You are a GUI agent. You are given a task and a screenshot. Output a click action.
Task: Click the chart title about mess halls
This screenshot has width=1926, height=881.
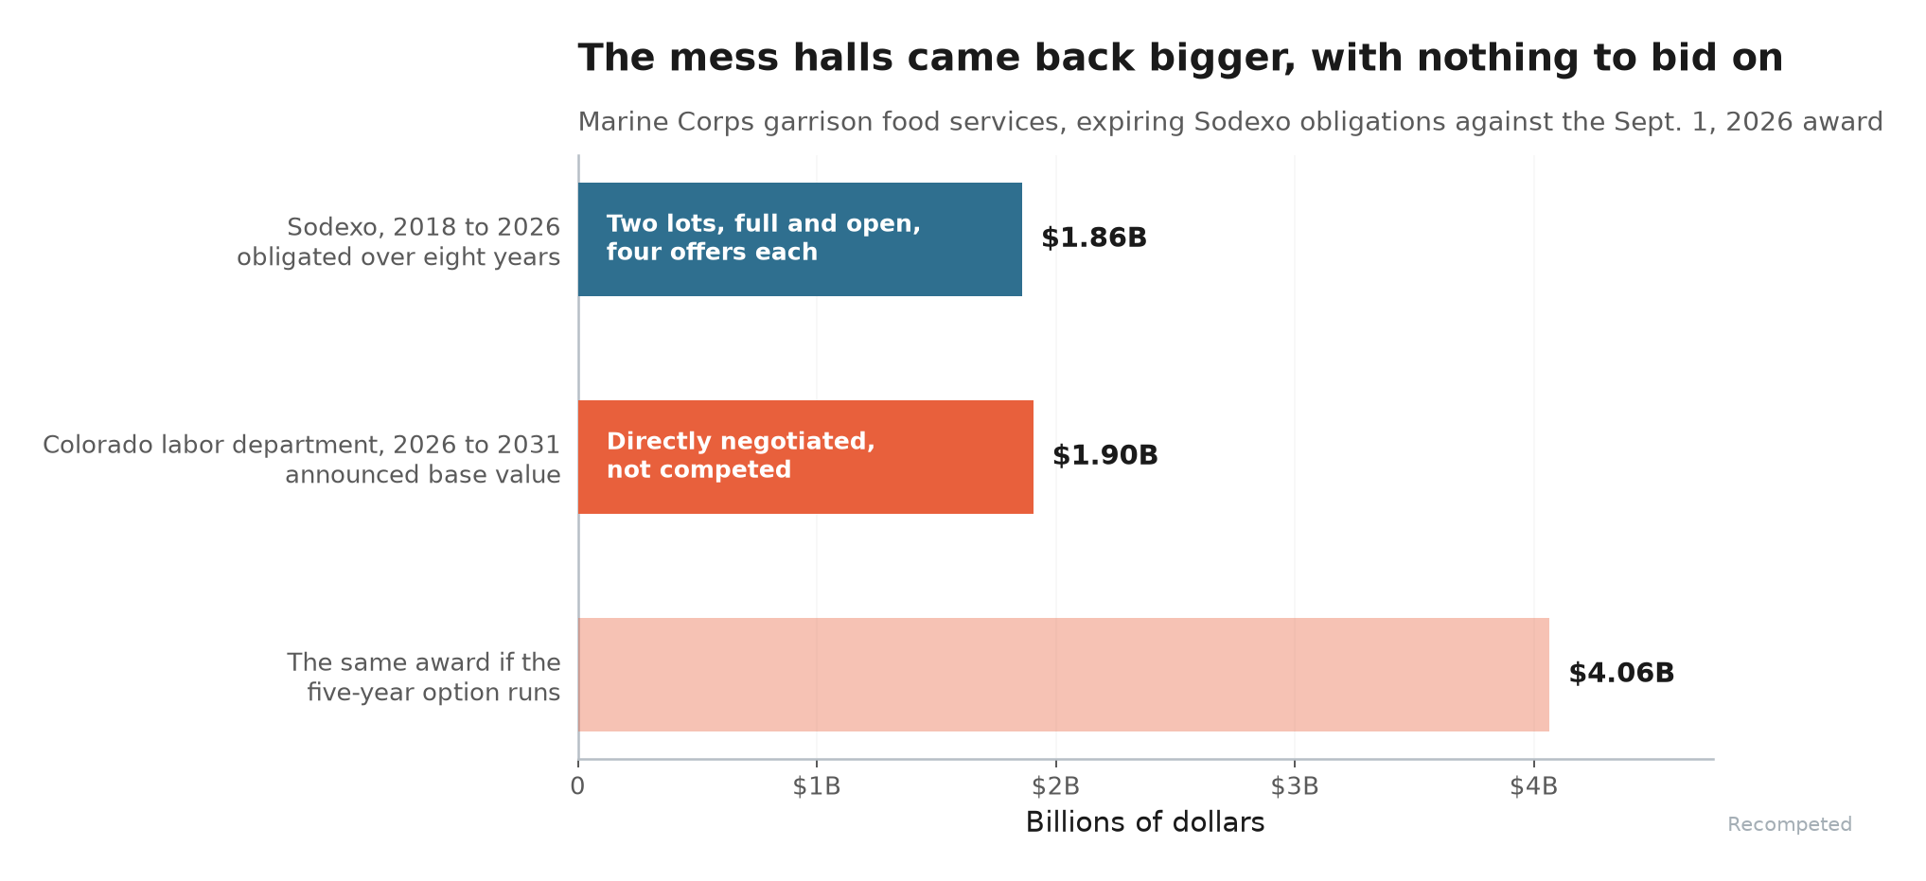tap(1180, 59)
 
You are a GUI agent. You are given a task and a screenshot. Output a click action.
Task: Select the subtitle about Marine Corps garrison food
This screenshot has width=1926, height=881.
tap(1230, 122)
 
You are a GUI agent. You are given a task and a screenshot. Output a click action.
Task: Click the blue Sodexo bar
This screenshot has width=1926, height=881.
tap(800, 239)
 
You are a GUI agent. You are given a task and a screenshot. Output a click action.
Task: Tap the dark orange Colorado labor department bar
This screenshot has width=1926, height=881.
tap(805, 457)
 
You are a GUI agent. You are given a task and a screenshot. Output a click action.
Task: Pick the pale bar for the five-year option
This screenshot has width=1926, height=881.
tap(1064, 675)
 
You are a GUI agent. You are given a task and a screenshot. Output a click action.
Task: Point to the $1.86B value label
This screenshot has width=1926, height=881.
tap(1094, 238)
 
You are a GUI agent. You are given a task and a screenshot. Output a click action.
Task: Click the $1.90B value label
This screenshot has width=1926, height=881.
tap(1105, 456)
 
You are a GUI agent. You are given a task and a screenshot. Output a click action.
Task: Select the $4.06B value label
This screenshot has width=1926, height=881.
tap(1621, 674)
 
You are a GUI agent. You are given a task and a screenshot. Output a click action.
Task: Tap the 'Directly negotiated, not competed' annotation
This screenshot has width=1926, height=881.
tap(741, 455)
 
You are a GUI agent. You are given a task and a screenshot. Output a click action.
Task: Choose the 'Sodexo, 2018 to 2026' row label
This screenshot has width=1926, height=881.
tap(423, 227)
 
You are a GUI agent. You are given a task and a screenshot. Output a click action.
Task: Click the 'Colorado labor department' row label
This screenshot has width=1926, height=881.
tap(302, 445)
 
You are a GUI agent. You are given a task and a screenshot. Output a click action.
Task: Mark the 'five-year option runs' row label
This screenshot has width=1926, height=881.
tap(433, 693)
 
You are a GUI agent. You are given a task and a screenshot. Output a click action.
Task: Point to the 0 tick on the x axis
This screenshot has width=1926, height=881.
tap(577, 786)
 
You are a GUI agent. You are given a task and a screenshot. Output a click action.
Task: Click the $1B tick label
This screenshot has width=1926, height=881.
tap(817, 786)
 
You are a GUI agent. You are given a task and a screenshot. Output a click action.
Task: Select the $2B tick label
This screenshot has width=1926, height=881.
tap(1056, 786)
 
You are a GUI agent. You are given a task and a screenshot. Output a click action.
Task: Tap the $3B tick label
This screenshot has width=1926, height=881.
tap(1295, 786)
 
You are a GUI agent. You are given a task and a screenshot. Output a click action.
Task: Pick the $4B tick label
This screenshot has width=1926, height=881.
tap(1534, 786)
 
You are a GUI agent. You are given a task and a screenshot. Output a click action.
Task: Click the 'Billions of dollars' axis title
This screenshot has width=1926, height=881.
tap(1145, 822)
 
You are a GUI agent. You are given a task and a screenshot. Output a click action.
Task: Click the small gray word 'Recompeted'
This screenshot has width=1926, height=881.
tap(1790, 825)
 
